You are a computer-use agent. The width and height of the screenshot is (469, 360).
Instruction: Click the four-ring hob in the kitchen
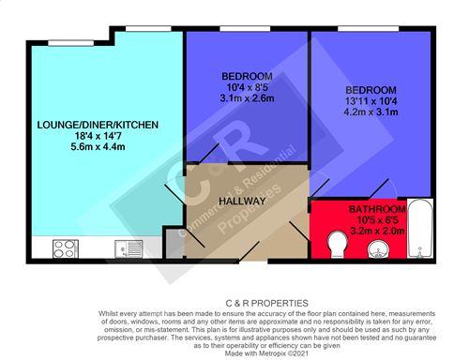click(66, 248)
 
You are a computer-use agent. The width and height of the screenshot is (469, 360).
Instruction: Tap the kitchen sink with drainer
click(129, 248)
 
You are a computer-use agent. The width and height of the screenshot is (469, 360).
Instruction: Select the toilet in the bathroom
click(338, 244)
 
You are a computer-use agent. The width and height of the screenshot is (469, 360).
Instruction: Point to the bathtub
click(420, 229)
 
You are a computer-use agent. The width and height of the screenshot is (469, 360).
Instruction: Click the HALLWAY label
click(242, 201)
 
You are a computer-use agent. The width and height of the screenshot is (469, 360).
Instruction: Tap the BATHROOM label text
click(377, 209)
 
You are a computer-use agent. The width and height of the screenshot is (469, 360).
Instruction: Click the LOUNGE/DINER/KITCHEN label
click(98, 125)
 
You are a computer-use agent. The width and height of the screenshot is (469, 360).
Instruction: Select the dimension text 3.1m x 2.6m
click(247, 98)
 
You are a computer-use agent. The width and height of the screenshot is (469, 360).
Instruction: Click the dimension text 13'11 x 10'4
click(371, 101)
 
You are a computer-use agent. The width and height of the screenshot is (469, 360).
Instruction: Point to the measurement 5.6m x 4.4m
click(98, 146)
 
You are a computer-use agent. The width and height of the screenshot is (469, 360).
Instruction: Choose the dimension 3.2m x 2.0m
click(377, 232)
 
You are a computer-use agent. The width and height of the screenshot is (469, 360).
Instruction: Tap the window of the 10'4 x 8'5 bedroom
click(245, 29)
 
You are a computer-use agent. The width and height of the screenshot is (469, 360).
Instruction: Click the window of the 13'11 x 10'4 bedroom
click(369, 29)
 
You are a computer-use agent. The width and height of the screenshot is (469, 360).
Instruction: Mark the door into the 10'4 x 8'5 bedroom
click(209, 154)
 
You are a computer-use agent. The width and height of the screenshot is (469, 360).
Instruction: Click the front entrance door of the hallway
click(250, 251)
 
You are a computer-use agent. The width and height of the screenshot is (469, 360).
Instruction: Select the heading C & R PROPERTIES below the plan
click(266, 303)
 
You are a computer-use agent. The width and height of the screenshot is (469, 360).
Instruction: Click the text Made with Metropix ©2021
click(266, 353)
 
